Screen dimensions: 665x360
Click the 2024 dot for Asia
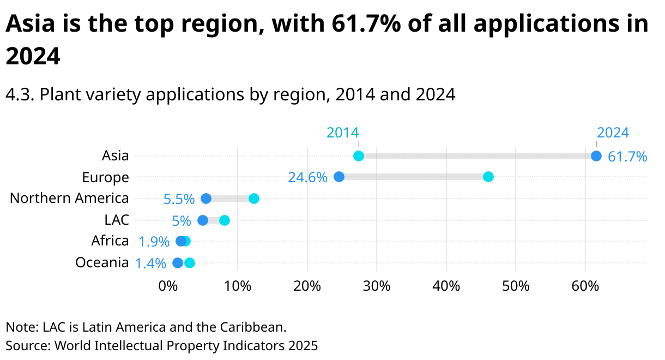[596, 156]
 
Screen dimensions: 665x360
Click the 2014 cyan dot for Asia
[359, 156]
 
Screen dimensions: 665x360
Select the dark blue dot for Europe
[339, 177]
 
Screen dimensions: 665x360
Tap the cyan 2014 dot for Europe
[488, 177]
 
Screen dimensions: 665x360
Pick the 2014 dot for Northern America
[254, 199]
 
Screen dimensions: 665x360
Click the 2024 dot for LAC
[203, 220]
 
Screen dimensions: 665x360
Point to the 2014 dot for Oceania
[190, 263]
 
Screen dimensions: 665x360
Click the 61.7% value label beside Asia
[627, 157]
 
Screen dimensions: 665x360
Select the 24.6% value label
[308, 178]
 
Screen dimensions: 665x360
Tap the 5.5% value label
[179, 200]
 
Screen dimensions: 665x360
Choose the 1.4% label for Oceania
[150, 264]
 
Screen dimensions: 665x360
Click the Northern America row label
[69, 198]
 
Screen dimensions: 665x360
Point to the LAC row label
[117, 220]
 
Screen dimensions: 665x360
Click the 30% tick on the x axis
[377, 286]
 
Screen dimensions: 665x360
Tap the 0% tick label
[168, 286]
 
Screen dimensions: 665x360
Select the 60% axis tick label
[585, 286]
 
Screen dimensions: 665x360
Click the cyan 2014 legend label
[342, 133]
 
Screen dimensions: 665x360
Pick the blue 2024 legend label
[613, 133]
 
